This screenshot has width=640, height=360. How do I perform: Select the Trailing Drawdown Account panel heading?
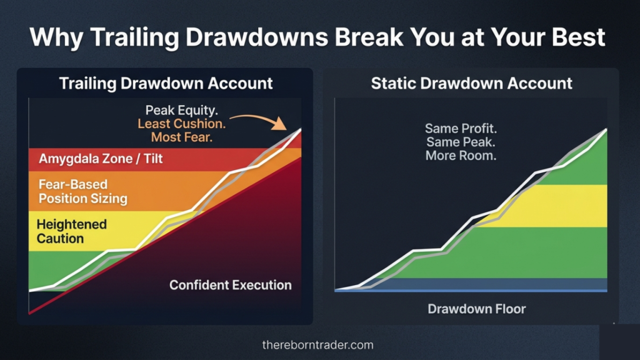[x=166, y=83]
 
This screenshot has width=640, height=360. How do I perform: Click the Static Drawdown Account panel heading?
[x=471, y=83]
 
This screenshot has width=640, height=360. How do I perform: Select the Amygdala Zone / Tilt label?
[x=101, y=159]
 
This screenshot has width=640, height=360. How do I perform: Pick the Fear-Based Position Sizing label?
[x=83, y=192]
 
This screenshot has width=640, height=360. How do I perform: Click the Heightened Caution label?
[x=71, y=231]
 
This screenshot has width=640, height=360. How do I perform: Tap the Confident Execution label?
[x=230, y=285]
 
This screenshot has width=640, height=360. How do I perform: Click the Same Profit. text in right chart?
[x=461, y=129]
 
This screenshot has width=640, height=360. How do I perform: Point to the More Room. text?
[x=461, y=156]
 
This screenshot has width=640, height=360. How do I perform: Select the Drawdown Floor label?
[x=477, y=309]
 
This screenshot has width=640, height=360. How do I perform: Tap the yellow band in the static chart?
[x=562, y=206]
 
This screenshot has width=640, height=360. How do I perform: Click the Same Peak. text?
[x=461, y=142]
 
